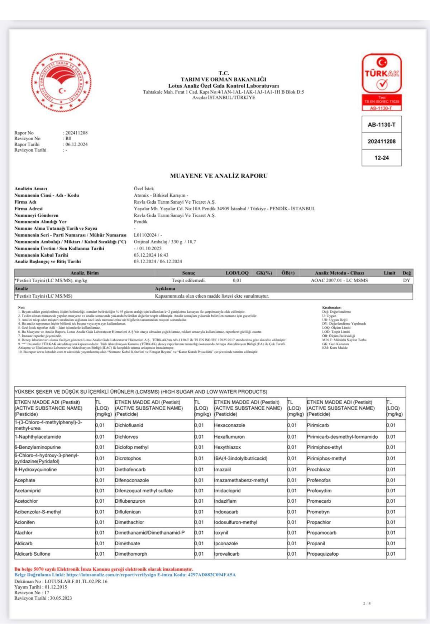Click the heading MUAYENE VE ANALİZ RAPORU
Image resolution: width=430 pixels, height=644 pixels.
[219, 176]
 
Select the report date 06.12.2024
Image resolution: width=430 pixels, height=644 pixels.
[76, 145]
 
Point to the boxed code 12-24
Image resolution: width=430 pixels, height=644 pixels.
[382, 158]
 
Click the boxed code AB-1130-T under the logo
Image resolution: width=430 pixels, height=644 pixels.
[382, 125]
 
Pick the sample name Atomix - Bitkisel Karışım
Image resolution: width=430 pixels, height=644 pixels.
[161, 195]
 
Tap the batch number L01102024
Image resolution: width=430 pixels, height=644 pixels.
[145, 235]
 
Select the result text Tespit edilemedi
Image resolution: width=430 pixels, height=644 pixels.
[188, 280]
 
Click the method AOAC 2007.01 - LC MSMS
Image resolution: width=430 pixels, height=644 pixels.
[339, 280]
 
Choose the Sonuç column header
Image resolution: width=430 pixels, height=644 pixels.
[188, 273]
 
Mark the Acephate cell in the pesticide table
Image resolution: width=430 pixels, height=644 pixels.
[25, 480]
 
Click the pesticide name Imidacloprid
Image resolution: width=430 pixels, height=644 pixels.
[227, 491]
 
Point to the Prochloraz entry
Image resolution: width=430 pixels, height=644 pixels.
[319, 469]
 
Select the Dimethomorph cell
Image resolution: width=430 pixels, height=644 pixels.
[131, 554]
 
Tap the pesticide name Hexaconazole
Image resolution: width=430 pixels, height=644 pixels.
[229, 425]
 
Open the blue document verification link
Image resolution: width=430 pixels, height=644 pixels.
[125, 575]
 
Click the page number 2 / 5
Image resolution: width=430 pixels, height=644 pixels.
[367, 604]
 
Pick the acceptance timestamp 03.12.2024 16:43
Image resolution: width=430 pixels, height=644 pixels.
[151, 255]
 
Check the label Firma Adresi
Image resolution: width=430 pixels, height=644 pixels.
[28, 209]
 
